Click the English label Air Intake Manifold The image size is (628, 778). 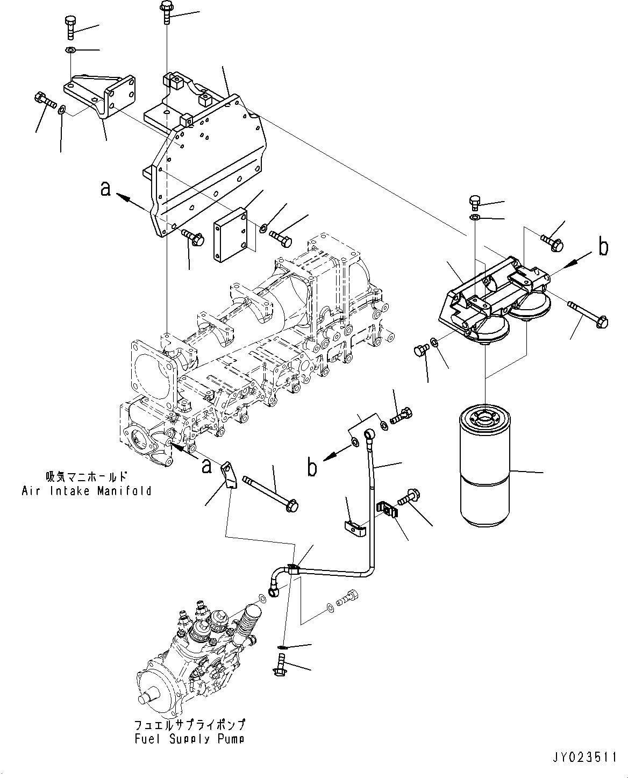pyautogui.click(x=87, y=490)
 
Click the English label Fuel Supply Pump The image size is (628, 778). pyautogui.click(x=189, y=739)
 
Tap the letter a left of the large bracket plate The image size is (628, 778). pyautogui.click(x=106, y=189)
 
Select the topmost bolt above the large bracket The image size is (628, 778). pyautogui.click(x=166, y=12)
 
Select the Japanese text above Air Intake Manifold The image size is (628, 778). pyautogui.click(x=87, y=476)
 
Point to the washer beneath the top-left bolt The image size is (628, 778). pyautogui.click(x=70, y=50)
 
